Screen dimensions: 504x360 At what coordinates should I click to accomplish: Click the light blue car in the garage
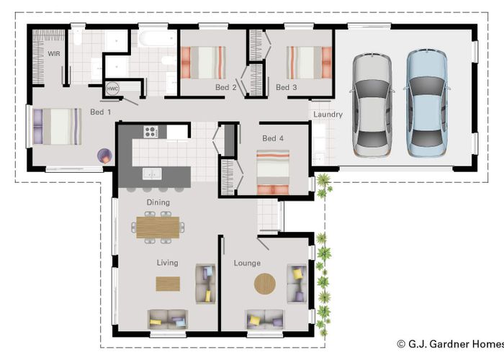(x=427, y=103)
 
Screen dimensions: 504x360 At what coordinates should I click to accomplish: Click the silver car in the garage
(x=372, y=105)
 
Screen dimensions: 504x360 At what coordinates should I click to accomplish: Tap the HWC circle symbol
(x=112, y=89)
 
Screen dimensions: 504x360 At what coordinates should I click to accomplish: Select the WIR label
(x=54, y=54)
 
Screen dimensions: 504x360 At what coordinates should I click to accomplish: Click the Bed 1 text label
(x=101, y=112)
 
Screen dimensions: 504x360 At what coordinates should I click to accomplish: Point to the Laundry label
(x=328, y=114)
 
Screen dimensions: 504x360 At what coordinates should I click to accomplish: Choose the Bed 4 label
(x=273, y=138)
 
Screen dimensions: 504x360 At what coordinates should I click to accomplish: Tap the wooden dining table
(x=158, y=228)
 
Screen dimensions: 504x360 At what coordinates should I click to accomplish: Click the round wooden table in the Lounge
(x=265, y=284)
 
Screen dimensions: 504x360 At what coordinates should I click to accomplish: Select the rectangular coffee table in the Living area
(x=168, y=284)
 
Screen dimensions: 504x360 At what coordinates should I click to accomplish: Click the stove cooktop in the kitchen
(x=150, y=132)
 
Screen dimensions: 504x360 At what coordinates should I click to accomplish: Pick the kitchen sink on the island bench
(x=152, y=174)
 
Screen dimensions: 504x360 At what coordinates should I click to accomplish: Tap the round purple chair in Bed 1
(x=104, y=156)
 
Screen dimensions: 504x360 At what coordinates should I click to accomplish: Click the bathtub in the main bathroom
(x=157, y=39)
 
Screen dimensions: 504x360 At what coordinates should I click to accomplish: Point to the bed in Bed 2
(x=203, y=63)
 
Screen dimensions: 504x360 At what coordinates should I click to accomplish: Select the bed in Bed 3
(x=309, y=63)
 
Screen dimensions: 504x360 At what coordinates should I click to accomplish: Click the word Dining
(x=158, y=202)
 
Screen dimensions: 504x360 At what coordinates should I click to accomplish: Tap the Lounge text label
(x=247, y=264)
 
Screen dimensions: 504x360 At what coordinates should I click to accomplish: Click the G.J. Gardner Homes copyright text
(x=450, y=344)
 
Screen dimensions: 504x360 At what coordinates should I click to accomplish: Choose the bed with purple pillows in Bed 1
(x=57, y=127)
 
